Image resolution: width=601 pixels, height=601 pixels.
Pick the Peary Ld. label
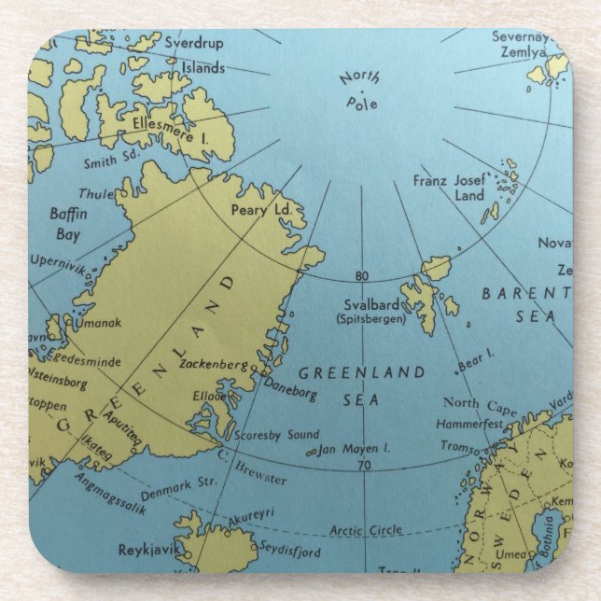point(261,210)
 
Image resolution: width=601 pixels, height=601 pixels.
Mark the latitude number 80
point(362,275)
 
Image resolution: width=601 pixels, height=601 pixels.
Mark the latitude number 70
point(363,464)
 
